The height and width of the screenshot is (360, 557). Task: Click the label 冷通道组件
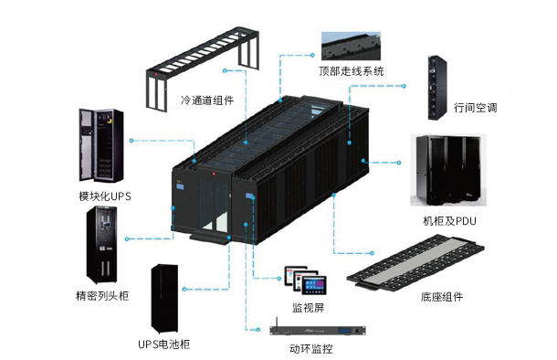207,101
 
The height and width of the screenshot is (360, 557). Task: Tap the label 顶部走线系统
351,71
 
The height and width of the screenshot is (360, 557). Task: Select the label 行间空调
475,107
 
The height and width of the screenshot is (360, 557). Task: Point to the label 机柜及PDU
449,221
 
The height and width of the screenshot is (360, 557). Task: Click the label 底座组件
442,297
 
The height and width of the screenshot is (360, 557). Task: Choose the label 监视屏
309,308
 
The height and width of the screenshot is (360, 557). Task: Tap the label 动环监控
311,349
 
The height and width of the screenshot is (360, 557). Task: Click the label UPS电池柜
163,344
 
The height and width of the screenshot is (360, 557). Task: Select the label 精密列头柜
102,296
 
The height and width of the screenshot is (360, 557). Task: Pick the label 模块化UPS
105,196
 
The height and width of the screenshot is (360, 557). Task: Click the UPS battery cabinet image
164,299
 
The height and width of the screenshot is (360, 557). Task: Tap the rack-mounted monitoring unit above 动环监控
318,330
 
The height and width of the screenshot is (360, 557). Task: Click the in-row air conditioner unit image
436,88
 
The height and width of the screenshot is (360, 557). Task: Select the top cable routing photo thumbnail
351,47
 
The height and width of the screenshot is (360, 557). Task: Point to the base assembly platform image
415,263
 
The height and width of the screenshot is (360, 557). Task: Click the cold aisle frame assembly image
203,68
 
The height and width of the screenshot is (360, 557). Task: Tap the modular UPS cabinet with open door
101,145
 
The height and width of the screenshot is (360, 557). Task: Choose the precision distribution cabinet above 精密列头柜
102,245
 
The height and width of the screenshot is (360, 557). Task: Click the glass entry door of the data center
213,205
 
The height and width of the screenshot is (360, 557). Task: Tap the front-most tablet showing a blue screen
314,286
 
